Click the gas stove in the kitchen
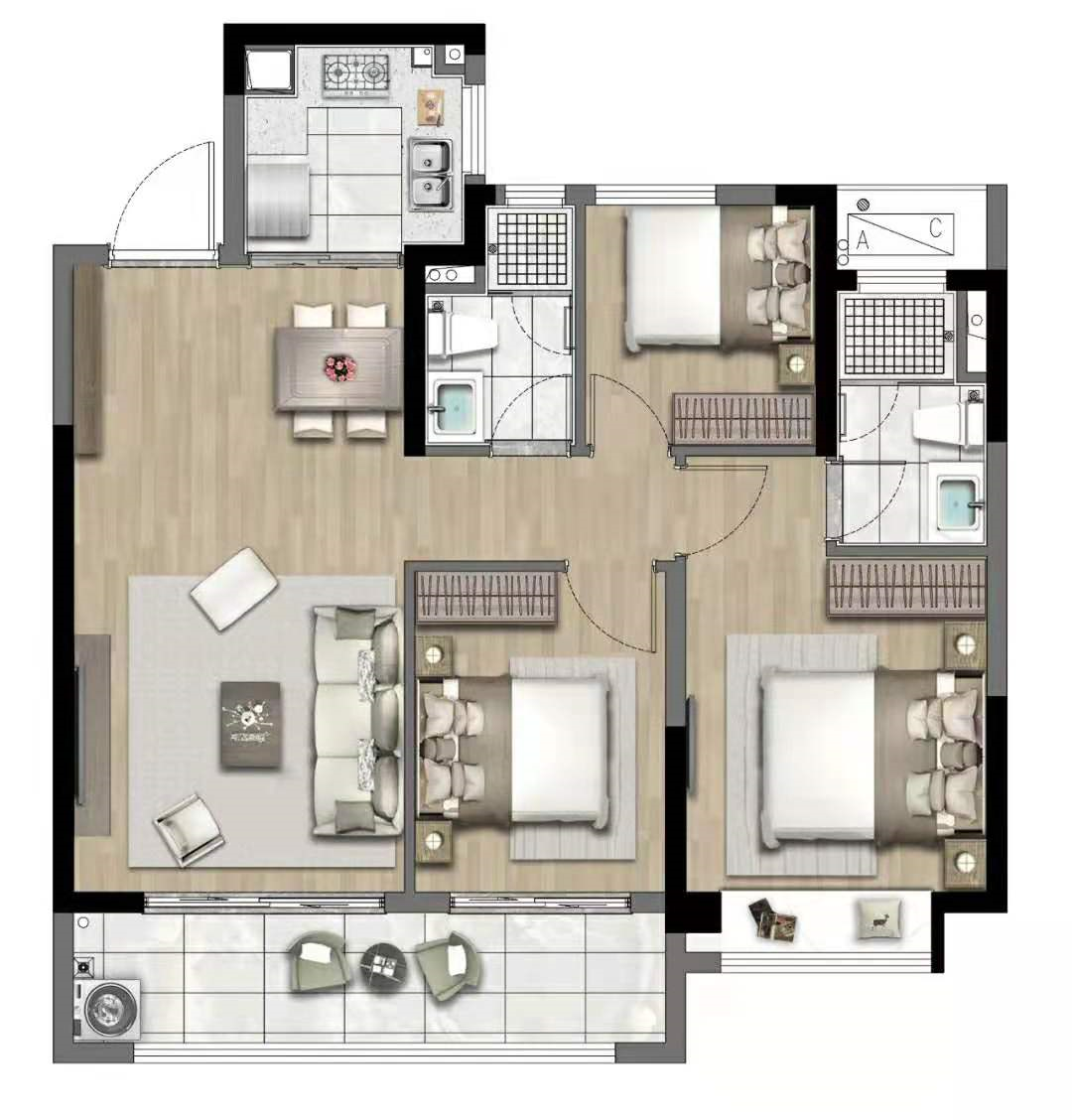tap(355, 75)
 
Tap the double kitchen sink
tap(431, 175)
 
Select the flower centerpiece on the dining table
tap(339, 367)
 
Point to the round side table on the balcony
tap(383, 966)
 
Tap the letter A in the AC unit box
tap(862, 240)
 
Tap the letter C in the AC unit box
tap(936, 227)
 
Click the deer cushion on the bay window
tap(879, 919)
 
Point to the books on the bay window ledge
tap(772, 919)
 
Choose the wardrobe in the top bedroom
tap(743, 419)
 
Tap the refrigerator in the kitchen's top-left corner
tap(269, 71)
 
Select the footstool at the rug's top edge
tap(235, 589)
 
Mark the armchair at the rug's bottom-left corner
tap(188, 829)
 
